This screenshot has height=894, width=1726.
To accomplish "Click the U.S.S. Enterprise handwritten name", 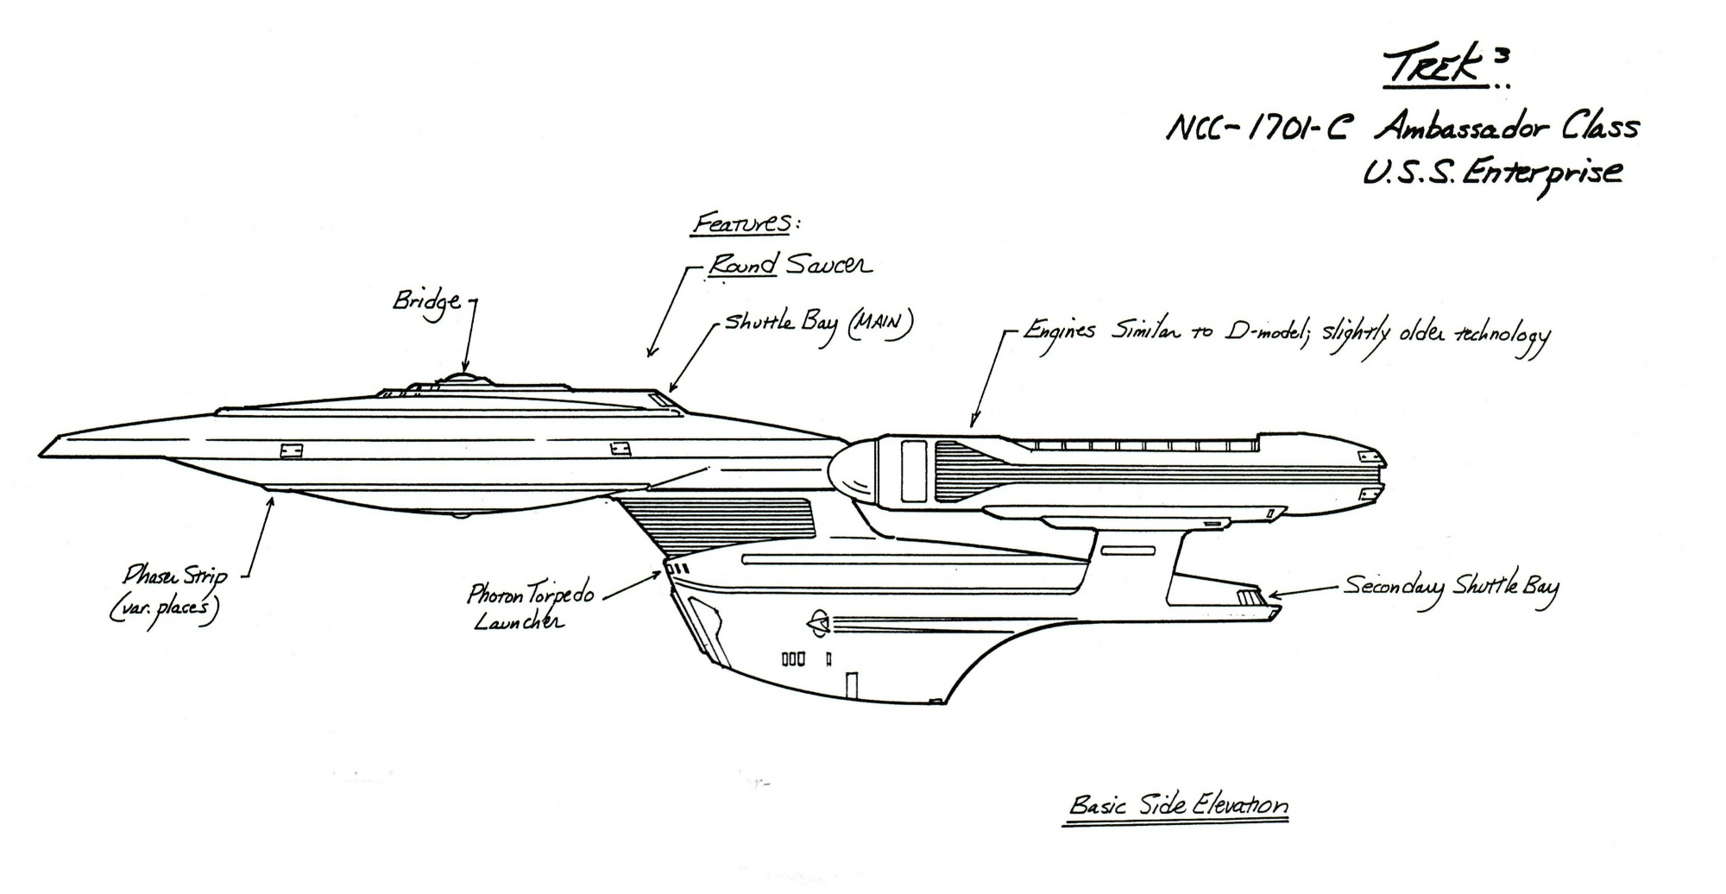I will tap(1491, 173).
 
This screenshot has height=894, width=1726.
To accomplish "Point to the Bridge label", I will tap(427, 302).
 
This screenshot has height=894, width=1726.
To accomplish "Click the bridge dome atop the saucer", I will tap(464, 379).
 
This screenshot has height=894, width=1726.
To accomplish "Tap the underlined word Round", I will tap(742, 265).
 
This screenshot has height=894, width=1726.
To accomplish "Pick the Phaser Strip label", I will tap(173, 591).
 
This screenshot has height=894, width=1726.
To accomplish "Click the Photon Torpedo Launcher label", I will tap(528, 607).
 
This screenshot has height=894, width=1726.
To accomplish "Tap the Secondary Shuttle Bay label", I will tap(1450, 587).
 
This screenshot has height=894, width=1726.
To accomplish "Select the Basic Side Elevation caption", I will tap(1178, 806).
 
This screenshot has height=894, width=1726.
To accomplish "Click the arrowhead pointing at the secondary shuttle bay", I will tap(1269, 595).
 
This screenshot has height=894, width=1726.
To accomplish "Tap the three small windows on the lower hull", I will tap(793, 659).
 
